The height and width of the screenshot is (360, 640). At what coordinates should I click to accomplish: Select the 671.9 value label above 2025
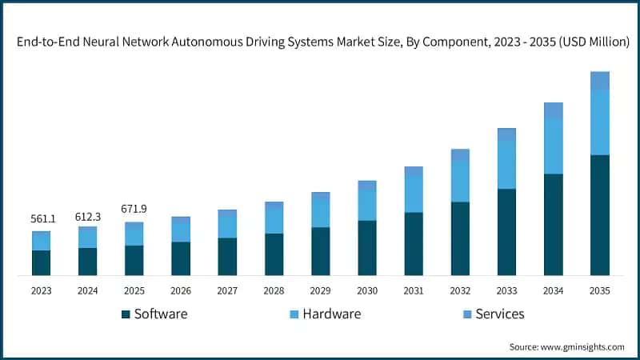click(x=134, y=209)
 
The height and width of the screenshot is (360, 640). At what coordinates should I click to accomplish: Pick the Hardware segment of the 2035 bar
click(x=599, y=122)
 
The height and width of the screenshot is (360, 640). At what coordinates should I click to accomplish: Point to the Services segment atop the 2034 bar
click(x=553, y=110)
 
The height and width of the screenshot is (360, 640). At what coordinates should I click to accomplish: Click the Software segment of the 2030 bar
click(x=366, y=247)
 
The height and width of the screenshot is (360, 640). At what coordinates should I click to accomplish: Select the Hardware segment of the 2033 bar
click(x=506, y=165)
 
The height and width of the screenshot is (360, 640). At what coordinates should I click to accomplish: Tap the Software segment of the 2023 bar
click(x=41, y=262)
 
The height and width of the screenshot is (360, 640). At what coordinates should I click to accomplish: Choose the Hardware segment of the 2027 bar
click(x=227, y=226)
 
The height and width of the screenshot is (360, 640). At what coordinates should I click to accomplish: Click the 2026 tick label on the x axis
click(x=181, y=291)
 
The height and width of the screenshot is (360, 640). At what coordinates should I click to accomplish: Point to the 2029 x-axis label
click(x=320, y=291)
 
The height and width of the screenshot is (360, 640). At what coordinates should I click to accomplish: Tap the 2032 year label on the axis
click(x=459, y=291)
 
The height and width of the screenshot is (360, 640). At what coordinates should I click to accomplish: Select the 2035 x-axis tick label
click(x=599, y=291)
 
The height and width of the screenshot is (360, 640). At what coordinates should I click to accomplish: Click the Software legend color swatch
click(x=126, y=314)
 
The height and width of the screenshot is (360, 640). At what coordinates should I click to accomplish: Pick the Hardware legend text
click(x=331, y=314)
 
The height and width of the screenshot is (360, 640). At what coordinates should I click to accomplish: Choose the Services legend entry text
click(x=500, y=314)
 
